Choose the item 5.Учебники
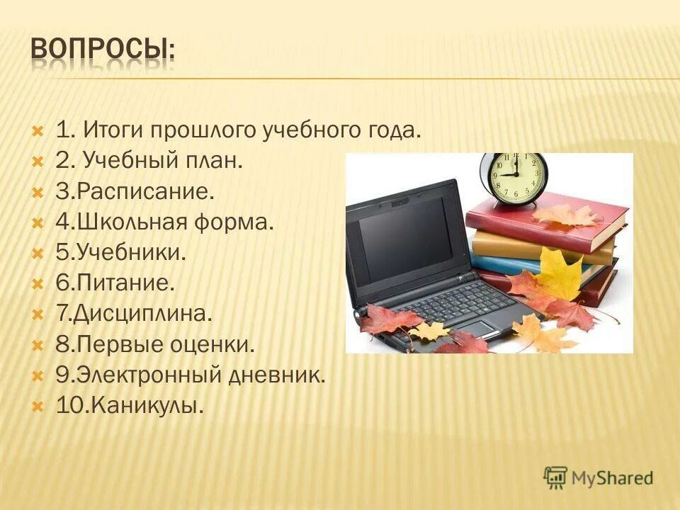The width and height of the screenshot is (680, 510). pyautogui.click(x=120, y=254)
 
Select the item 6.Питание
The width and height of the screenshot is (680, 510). pyautogui.click(x=115, y=284)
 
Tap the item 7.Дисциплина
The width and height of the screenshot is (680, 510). pyautogui.click(x=133, y=314)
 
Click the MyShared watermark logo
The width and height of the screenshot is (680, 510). pyautogui.click(x=599, y=477)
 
